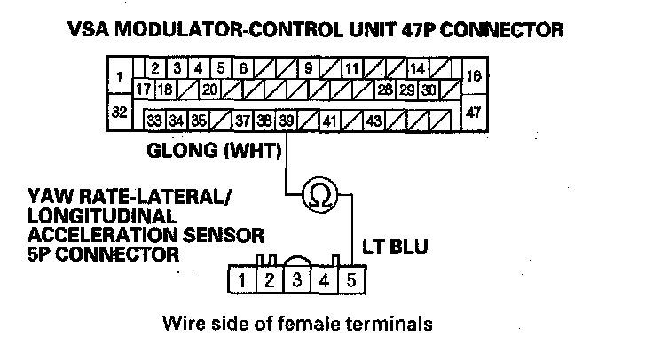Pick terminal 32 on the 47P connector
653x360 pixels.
(116, 113)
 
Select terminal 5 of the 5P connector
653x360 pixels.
(351, 282)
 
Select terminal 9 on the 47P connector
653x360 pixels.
(308, 67)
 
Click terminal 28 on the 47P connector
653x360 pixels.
(384, 90)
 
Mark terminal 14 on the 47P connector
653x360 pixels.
(417, 67)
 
